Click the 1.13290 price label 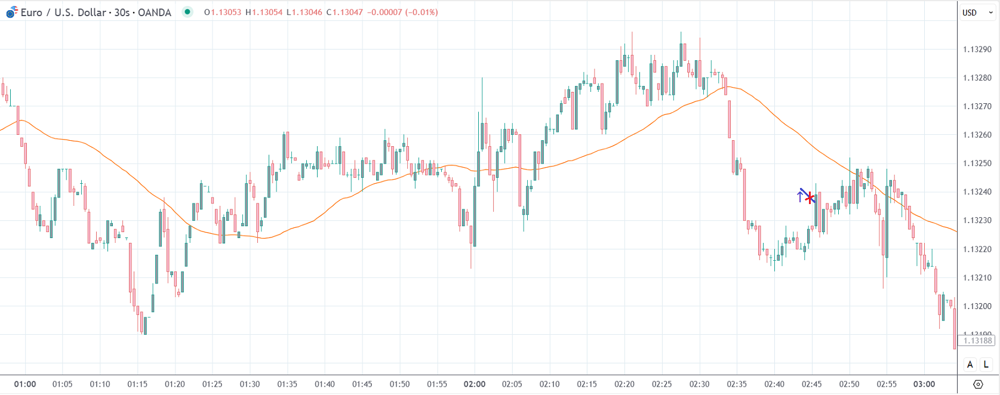tap(977, 50)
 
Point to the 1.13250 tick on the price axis tap(977, 163)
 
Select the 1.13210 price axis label tap(977, 278)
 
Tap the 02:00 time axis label tap(475, 384)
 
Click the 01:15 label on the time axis tap(137, 384)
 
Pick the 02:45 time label tap(812, 384)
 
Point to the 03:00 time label tap(924, 384)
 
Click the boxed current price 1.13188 tap(978, 341)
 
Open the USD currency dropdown tap(977, 13)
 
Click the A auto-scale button tap(970, 365)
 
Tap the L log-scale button tap(986, 365)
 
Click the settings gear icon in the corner tap(978, 384)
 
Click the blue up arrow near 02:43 tap(800, 196)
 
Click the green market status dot tap(187, 12)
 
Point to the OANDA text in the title tap(155, 13)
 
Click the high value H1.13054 tap(264, 13)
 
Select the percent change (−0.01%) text tap(421, 13)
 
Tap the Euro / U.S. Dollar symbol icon tap(11, 12)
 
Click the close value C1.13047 tap(344, 13)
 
